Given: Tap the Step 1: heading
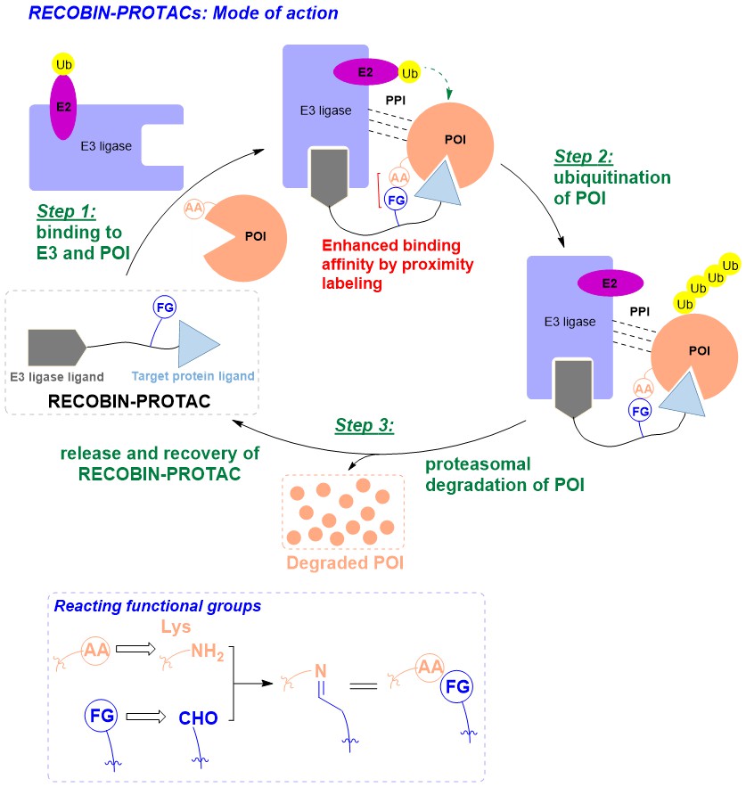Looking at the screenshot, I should point(68,213).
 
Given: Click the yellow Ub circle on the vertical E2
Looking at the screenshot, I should point(62,65).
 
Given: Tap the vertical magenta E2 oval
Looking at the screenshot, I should point(62,109).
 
